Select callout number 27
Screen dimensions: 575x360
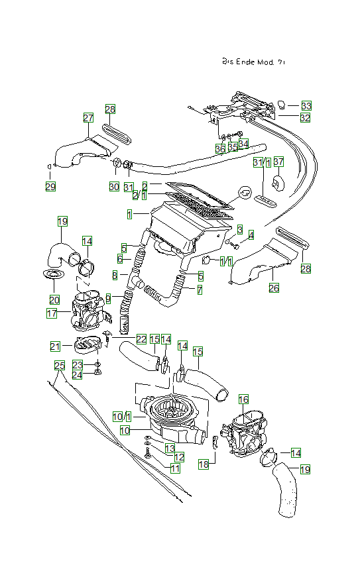click(88, 117)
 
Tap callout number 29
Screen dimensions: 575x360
click(50, 186)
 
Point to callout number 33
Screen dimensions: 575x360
click(306, 105)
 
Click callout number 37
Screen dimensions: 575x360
click(278, 162)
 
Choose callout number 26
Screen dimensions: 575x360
click(273, 288)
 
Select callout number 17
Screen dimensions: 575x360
click(51, 313)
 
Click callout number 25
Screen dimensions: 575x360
click(59, 365)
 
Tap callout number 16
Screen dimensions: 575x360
click(243, 399)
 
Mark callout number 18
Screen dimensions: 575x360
click(204, 465)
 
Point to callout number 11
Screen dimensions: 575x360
click(175, 468)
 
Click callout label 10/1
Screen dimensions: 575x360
click(122, 416)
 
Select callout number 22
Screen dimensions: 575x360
click(141, 339)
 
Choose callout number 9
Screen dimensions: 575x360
click(108, 299)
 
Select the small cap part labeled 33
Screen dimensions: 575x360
click(281, 105)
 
